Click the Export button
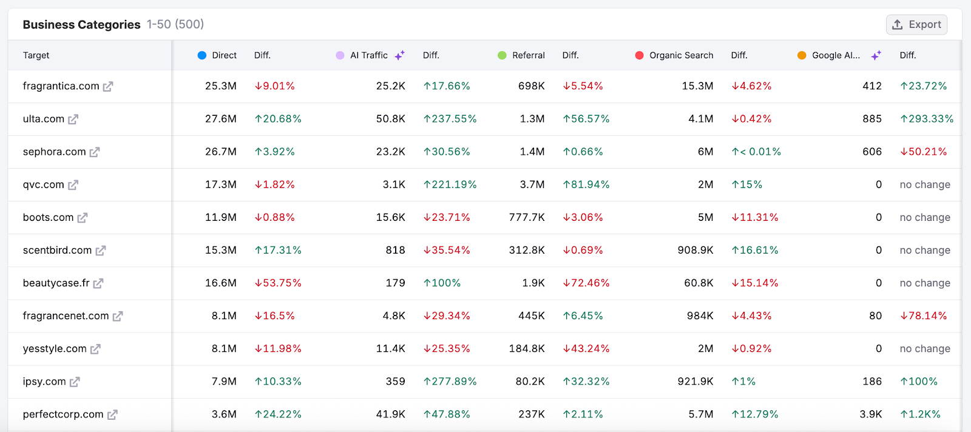[x=916, y=25]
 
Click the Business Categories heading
[x=81, y=25]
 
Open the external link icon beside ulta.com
[x=73, y=120]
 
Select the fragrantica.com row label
[x=61, y=86]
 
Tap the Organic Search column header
[x=681, y=55]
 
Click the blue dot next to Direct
[x=202, y=55]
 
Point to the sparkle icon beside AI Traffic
[x=399, y=55]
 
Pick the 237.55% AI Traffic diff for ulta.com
[x=450, y=119]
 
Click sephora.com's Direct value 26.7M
[x=221, y=152]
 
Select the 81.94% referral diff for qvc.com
[x=586, y=184]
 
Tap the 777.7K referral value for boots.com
[x=527, y=217]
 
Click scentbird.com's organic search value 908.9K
[x=695, y=250]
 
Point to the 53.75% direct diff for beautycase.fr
[x=278, y=283]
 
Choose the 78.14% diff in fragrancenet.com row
[x=923, y=316]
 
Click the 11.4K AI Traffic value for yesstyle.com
[x=390, y=348]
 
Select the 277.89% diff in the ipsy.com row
[x=450, y=381]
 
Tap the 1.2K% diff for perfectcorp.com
[x=920, y=414]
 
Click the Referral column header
[x=528, y=55]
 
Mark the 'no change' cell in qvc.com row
[x=925, y=184]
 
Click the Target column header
[x=36, y=55]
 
